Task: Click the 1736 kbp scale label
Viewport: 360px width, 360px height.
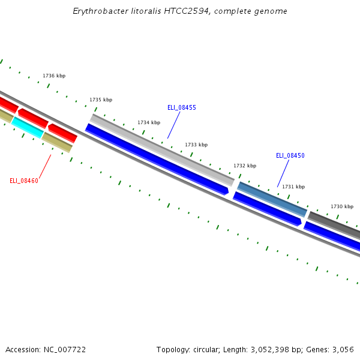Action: pos(54,76)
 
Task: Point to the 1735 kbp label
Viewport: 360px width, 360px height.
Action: pos(101,100)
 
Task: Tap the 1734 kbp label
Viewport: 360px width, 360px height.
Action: pos(149,123)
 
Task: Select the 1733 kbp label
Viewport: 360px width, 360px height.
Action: pos(196,145)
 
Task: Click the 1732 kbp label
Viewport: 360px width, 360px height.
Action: pos(245,166)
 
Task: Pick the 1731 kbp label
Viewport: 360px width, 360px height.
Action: pos(293,187)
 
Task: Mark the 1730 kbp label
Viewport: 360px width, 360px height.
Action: pos(342,207)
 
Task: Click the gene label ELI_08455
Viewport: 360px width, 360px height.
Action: pos(182,108)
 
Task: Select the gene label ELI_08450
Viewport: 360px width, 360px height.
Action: pos(290,156)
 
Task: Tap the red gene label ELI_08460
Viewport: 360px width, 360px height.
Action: pos(24,181)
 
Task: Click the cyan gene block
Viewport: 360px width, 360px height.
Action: pos(27,127)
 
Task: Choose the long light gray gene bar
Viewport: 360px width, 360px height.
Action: pos(162,149)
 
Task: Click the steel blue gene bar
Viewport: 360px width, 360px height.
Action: pos(272,199)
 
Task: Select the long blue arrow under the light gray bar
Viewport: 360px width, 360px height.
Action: pos(156,159)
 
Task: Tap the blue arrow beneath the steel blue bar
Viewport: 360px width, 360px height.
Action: pos(267,209)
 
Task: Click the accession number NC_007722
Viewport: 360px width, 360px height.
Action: pos(64,350)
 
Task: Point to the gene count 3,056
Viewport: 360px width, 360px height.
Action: pos(343,350)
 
